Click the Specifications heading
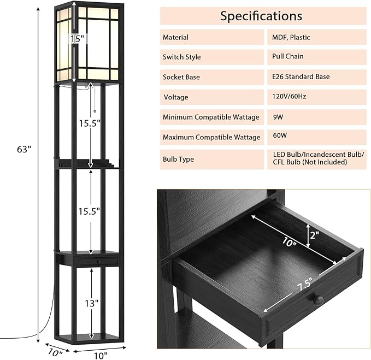261,16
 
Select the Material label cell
175,37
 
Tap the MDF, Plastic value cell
291,37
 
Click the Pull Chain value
287,56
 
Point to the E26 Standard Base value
301,76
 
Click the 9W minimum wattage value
278,116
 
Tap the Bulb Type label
178,159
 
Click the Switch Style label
181,57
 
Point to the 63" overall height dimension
22,149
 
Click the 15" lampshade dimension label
77,39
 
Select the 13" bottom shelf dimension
91,303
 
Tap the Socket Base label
181,77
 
